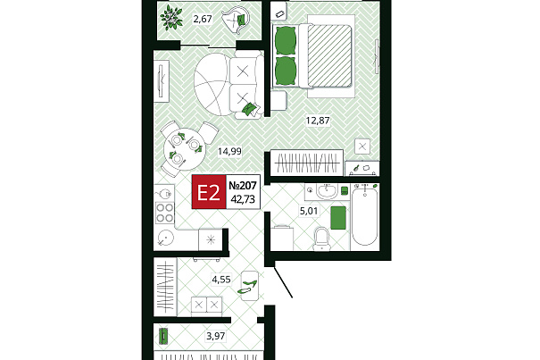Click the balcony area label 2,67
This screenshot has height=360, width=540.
(x=203, y=19)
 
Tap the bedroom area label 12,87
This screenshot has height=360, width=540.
(x=318, y=121)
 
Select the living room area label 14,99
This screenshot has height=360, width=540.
(x=229, y=151)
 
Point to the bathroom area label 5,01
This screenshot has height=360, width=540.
(x=309, y=211)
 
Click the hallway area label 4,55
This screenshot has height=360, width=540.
(x=221, y=280)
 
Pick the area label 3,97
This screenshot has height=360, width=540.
(x=216, y=336)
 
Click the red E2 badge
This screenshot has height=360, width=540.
(x=209, y=192)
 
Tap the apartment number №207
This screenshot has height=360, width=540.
(x=243, y=186)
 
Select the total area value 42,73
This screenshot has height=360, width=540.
(x=243, y=199)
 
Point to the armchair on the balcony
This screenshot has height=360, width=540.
(x=236, y=20)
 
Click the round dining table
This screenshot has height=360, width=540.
(x=184, y=149)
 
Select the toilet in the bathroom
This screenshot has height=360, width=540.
(x=322, y=239)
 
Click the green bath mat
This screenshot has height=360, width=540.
(x=338, y=218)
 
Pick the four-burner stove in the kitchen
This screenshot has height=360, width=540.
(x=164, y=213)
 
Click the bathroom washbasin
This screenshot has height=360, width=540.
(x=327, y=192)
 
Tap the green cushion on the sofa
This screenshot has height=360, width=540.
(x=250, y=109)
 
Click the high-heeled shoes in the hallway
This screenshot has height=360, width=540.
(x=249, y=287)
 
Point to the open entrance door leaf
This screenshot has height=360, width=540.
(x=283, y=282)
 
